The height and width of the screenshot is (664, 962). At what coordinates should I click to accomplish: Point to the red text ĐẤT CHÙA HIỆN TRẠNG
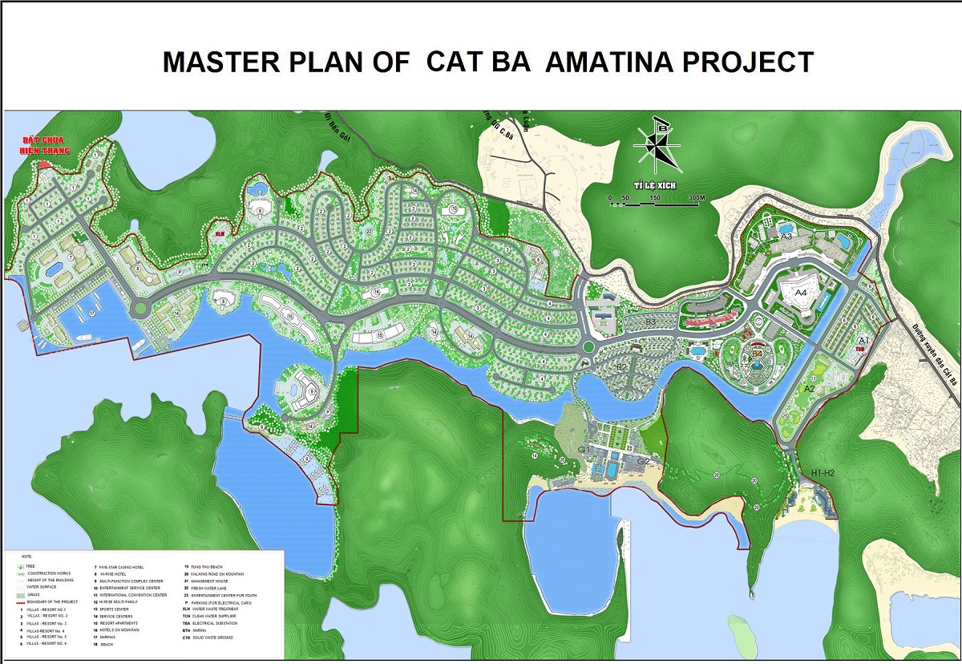click(x=46, y=147)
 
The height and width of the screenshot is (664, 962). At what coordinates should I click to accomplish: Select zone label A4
click(x=800, y=294)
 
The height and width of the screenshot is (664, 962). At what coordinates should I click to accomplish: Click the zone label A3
click(x=786, y=237)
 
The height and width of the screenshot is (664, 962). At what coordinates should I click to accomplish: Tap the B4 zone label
click(x=756, y=352)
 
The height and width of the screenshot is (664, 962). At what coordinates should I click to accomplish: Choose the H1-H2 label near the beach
click(x=823, y=473)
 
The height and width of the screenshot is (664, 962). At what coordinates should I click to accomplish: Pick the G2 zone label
click(x=643, y=461)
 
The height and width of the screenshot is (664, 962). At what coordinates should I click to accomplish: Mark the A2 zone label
click(x=810, y=388)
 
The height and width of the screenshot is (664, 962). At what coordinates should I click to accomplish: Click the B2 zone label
click(x=620, y=366)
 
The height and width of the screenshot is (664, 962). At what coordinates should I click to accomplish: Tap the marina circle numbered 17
click(x=92, y=312)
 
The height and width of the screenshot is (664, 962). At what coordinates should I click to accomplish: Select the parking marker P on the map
click(x=180, y=271)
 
